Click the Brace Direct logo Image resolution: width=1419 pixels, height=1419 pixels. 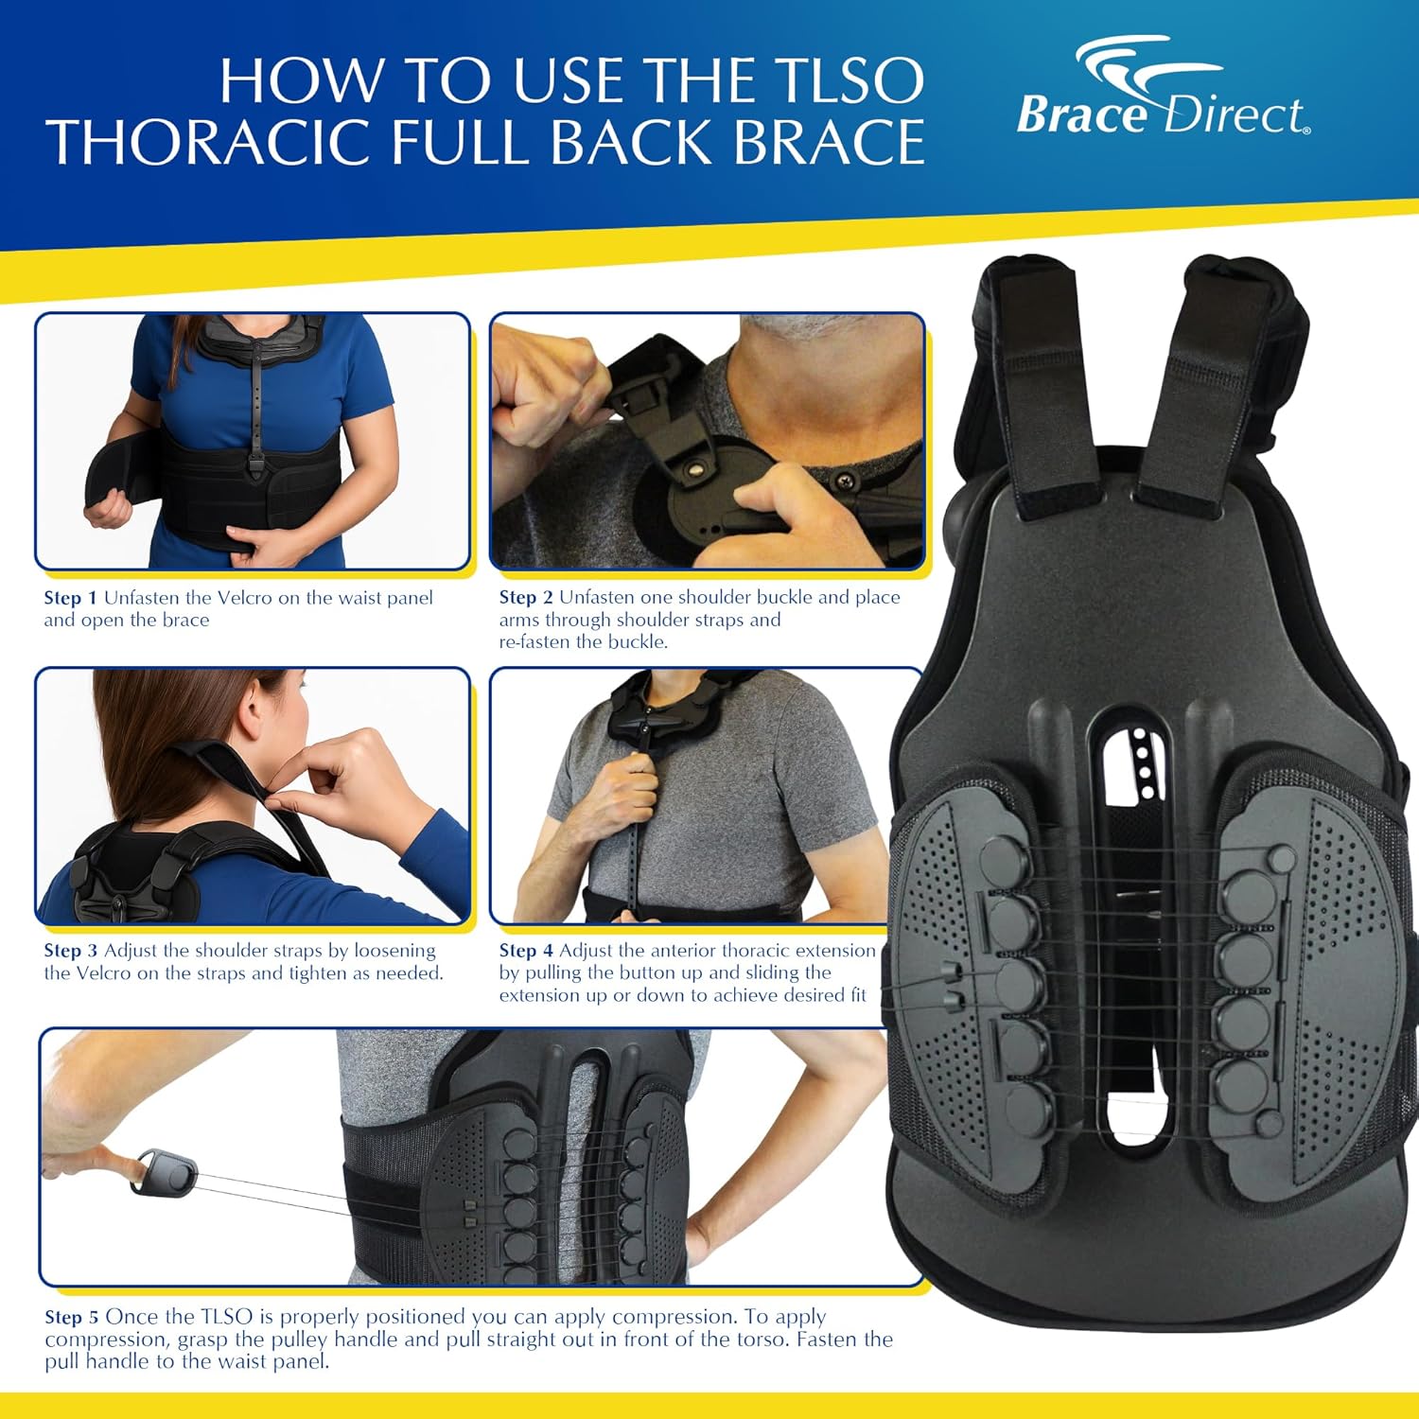tap(1163, 91)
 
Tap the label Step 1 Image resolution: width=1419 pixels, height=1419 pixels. tap(70, 598)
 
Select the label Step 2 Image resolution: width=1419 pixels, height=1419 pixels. tap(525, 597)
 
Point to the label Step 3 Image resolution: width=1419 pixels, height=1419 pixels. tap(70, 951)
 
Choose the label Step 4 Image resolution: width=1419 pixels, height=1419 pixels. tap(525, 951)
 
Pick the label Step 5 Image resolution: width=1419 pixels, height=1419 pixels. tap(71, 1317)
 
